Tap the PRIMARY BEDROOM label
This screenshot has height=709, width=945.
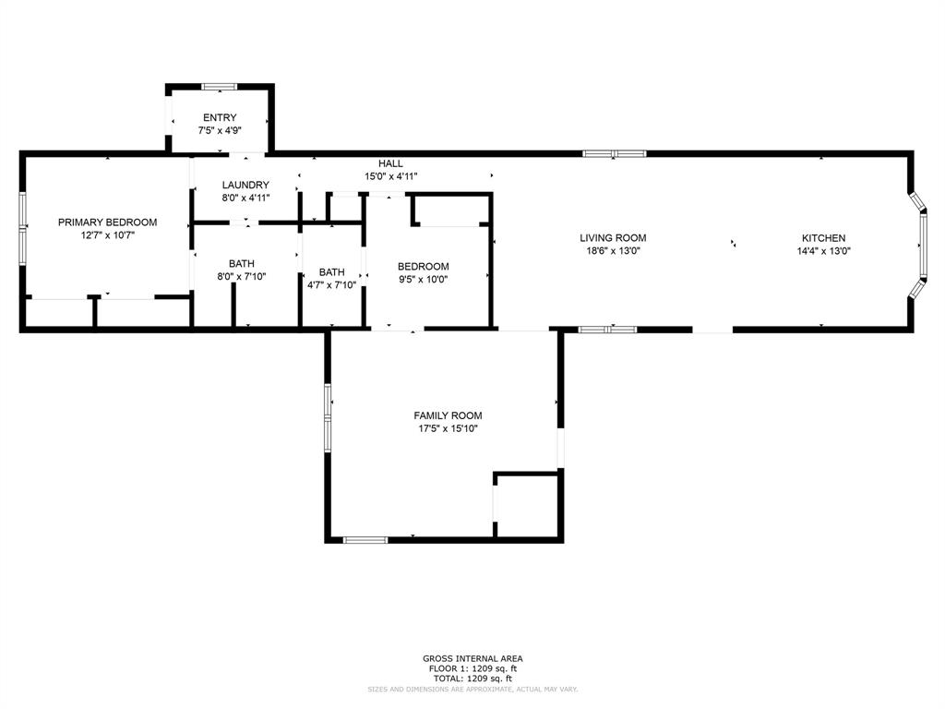pyautogui.click(x=107, y=222)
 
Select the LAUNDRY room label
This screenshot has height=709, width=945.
pyautogui.click(x=245, y=185)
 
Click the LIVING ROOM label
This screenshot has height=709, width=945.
pyautogui.click(x=613, y=238)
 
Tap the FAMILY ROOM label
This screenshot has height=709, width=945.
pyautogui.click(x=448, y=415)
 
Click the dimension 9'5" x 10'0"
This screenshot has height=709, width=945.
pyautogui.click(x=424, y=279)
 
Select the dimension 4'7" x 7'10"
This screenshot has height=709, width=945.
pyautogui.click(x=331, y=285)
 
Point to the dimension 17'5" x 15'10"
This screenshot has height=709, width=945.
pyautogui.click(x=448, y=428)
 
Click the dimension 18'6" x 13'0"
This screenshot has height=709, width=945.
pyautogui.click(x=613, y=250)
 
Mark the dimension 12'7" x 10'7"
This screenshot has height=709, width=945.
pyautogui.click(x=107, y=235)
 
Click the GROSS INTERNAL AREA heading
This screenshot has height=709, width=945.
pyautogui.click(x=472, y=658)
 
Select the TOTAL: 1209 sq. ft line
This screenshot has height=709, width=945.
pyautogui.click(x=472, y=679)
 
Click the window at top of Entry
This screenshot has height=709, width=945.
pyautogui.click(x=220, y=87)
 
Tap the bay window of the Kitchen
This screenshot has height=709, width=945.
pyautogui.click(x=917, y=245)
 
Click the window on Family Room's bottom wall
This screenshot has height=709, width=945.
pyautogui.click(x=365, y=539)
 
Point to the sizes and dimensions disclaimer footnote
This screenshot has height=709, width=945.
pyautogui.click(x=472, y=690)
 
